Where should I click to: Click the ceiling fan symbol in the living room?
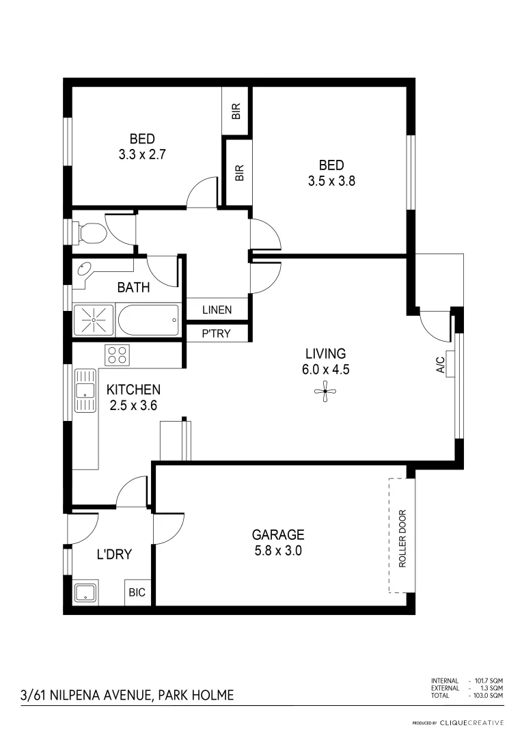click(325, 391)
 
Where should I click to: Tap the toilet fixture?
click(89, 232)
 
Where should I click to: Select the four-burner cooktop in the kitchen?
click(117, 355)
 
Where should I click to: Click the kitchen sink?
click(85, 390)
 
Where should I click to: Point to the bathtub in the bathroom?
click(148, 319)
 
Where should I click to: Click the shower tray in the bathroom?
click(94, 319)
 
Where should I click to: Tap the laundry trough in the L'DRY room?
click(85, 592)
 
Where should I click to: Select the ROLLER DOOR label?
click(402, 539)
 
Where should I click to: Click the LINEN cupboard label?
click(217, 310)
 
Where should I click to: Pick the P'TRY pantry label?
click(217, 333)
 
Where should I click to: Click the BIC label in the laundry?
click(137, 592)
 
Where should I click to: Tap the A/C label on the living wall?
click(441, 365)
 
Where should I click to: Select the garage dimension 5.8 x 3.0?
click(278, 550)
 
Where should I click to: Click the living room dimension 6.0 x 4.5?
click(325, 369)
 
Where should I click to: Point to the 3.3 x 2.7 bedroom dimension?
click(142, 155)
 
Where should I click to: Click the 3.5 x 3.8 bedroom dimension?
click(331, 181)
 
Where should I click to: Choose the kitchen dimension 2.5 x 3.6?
click(133, 405)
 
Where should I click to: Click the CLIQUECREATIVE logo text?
click(471, 722)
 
